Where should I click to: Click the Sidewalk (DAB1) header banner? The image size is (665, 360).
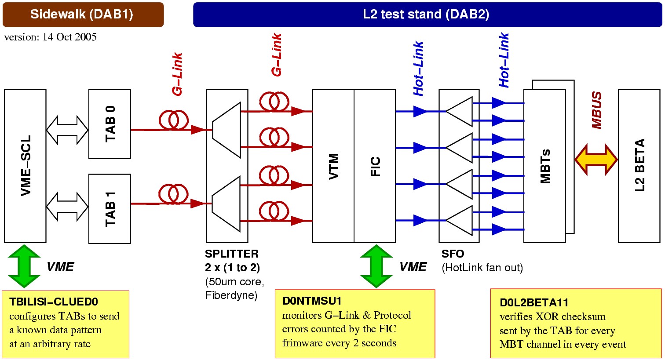pyautogui.click(x=83, y=15)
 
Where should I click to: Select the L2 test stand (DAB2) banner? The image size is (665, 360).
pyautogui.click(x=427, y=15)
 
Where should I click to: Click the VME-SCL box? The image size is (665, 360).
pyautogui.click(x=26, y=166)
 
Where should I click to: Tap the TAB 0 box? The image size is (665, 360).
pyautogui.click(x=110, y=124)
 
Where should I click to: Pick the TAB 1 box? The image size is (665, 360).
pyautogui.click(x=110, y=209)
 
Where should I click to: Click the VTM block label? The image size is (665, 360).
pyautogui.click(x=334, y=166)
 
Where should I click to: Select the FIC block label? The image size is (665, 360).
pyautogui.click(x=375, y=166)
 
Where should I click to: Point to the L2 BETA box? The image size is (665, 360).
pyautogui.click(x=639, y=166)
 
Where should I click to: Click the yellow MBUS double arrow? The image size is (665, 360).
pyautogui.click(x=596, y=160)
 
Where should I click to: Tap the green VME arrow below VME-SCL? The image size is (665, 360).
pyautogui.click(x=24, y=266)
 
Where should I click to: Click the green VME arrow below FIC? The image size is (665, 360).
pyautogui.click(x=376, y=266)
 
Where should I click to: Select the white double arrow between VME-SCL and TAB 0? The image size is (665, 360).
pyautogui.click(x=67, y=130)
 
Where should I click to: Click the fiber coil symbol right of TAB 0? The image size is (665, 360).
pyautogui.click(x=174, y=120)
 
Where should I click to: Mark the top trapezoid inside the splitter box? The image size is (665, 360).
pyautogui.click(x=227, y=130)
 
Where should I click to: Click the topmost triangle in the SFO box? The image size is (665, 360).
pyautogui.click(x=460, y=112)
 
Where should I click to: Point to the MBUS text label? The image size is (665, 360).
pyautogui.click(x=597, y=110)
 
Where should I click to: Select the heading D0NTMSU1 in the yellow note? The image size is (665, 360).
pyautogui.click(x=312, y=301)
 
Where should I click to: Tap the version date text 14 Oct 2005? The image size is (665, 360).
pyautogui.click(x=69, y=37)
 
